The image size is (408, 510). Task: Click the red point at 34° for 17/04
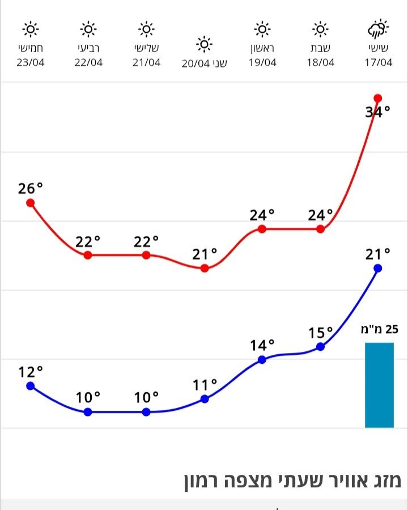[378, 98]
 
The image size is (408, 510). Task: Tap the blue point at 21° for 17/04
[378, 268]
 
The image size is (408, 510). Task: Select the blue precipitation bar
[379, 385]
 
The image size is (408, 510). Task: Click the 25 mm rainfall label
[380, 329]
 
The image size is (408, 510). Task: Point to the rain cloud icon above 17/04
[378, 29]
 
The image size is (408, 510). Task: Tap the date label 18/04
[321, 63]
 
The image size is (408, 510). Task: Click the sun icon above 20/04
[204, 44]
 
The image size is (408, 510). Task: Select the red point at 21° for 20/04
[205, 268]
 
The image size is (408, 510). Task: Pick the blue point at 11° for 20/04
[205, 399]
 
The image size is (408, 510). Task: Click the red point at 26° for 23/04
[31, 203]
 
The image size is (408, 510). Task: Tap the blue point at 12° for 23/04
[31, 386]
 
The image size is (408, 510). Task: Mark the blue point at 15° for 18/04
[320, 346]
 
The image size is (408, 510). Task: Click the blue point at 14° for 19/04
[262, 359]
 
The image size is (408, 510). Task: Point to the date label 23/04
[31, 63]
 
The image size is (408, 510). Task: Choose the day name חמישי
[31, 48]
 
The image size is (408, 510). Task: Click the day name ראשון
[262, 48]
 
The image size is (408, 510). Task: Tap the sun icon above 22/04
[88, 28]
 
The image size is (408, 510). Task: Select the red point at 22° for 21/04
[146, 255]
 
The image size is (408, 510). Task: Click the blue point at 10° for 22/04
[88, 412]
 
